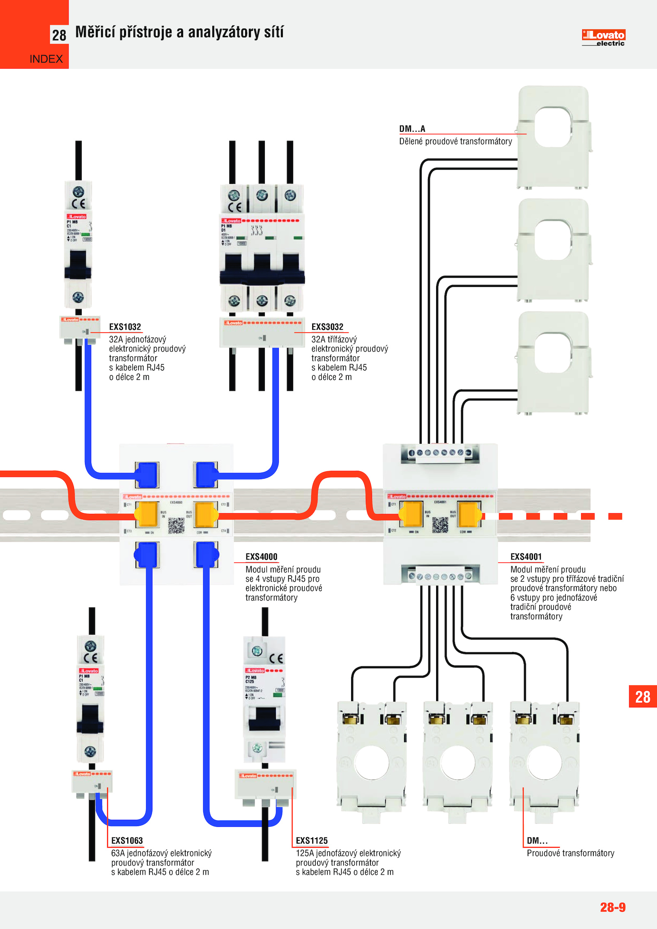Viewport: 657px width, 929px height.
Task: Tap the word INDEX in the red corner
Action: click(46, 59)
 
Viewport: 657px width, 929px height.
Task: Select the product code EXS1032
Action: click(125, 327)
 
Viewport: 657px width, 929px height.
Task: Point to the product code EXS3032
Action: click(327, 327)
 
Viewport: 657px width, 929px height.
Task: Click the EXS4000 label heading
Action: click(261, 557)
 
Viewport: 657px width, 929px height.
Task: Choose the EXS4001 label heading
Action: click(526, 557)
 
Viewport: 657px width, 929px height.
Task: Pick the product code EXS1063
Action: click(127, 840)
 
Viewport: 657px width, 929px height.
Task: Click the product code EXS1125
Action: click(312, 840)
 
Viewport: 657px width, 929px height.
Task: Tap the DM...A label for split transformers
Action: click(412, 129)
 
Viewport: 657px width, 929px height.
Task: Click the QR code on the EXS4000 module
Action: click(176, 525)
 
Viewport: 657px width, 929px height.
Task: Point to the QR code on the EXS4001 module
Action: click(440, 525)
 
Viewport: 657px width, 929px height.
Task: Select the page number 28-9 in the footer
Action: click(613, 907)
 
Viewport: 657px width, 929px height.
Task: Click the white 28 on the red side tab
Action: click(643, 697)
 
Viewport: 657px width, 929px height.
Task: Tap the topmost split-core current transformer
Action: click(553, 137)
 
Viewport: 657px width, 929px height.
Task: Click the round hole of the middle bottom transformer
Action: click(457, 762)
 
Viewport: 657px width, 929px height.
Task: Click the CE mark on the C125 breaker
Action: click(276, 658)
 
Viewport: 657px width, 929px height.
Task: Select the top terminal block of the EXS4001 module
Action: click(440, 453)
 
